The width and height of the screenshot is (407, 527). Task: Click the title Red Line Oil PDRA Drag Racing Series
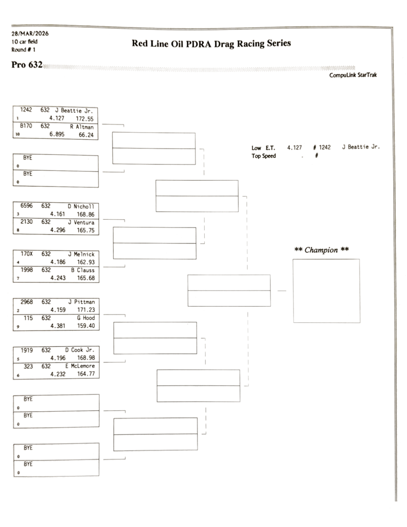211,44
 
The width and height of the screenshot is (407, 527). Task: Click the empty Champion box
326,291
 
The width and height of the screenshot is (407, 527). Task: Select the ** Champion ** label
322,250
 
